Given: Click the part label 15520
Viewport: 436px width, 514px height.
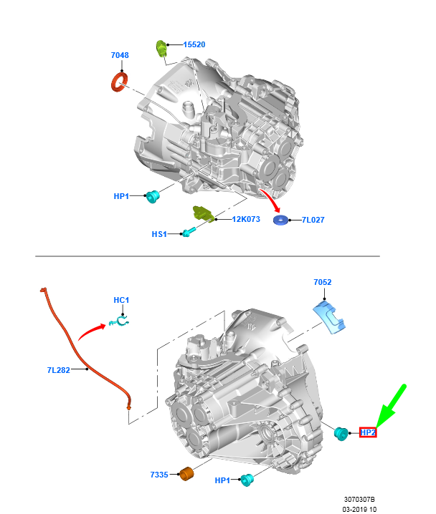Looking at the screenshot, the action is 194,44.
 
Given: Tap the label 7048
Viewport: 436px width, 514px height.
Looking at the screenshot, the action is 120,55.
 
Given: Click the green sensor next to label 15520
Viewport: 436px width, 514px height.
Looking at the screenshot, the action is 161,48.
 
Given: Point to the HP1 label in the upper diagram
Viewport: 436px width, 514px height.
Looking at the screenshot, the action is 121,196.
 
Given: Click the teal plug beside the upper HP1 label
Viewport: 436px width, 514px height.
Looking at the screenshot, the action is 152,196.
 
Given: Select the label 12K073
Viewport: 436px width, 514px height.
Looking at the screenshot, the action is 246,219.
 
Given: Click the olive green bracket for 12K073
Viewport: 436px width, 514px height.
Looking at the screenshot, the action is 204,213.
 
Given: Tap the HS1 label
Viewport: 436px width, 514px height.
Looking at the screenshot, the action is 159,234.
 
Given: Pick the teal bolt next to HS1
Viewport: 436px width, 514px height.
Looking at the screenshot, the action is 189,233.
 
